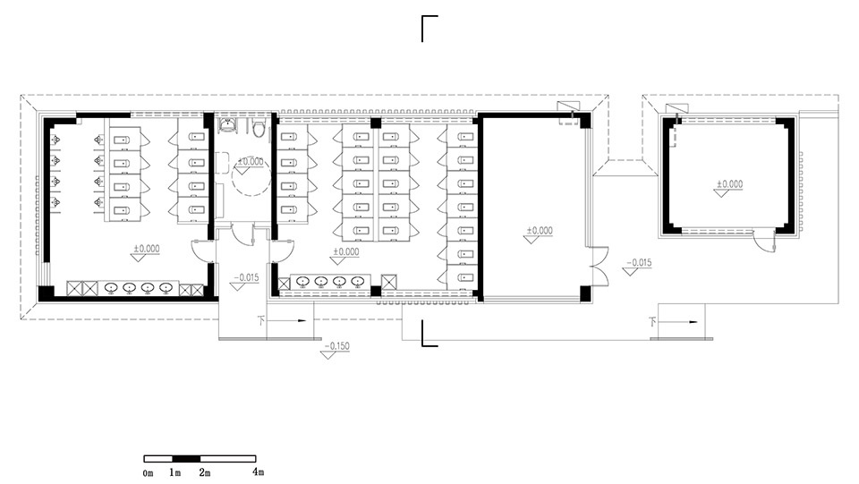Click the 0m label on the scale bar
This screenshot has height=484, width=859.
148,473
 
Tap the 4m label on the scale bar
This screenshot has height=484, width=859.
258,471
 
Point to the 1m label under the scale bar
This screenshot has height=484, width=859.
174,472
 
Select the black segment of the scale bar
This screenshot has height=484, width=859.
186,459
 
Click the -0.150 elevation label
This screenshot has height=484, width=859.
337,346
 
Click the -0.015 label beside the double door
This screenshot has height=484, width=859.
639,263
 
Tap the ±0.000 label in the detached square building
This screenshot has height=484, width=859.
730,184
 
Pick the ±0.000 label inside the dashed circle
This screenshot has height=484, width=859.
251,162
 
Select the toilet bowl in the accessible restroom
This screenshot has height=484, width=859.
259,128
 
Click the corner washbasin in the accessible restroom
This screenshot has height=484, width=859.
226,126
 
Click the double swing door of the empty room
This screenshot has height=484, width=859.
599,267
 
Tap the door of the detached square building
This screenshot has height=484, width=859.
763,241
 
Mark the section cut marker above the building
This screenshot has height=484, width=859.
429,29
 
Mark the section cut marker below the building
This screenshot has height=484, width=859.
429,334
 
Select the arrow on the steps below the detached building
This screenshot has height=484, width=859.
678,322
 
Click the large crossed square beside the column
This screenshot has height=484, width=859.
388,282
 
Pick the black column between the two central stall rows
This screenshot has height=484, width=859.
375,123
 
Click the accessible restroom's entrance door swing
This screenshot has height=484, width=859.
242,234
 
